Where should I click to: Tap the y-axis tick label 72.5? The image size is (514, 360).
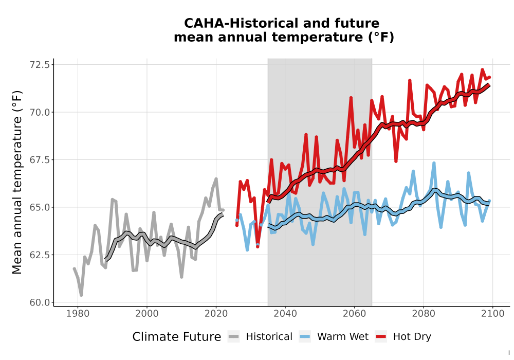[40, 65]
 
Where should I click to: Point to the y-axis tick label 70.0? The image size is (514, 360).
[40, 112]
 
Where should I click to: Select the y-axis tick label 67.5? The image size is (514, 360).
[40, 159]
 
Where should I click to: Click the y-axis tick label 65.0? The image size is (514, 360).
[40, 207]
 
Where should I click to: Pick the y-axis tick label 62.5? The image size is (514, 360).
[40, 255]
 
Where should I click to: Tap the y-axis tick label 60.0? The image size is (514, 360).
[40, 302]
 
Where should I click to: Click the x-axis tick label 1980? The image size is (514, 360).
[78, 314]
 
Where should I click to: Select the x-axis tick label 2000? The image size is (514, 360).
[147, 314]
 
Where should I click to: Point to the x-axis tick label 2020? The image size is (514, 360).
[216, 314]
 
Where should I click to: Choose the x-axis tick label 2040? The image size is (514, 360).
[285, 314]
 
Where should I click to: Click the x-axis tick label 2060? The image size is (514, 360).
[354, 314]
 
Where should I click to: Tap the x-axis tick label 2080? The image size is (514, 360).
[424, 314]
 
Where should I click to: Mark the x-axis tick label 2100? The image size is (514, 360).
[493, 314]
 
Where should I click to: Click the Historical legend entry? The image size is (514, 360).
[260, 337]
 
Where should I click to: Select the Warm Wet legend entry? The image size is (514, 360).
[334, 337]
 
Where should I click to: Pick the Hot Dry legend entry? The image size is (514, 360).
[403, 337]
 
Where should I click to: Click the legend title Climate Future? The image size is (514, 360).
[177, 337]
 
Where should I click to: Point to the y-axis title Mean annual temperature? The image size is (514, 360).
[17, 182]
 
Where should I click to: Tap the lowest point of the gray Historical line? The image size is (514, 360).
[81, 295]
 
